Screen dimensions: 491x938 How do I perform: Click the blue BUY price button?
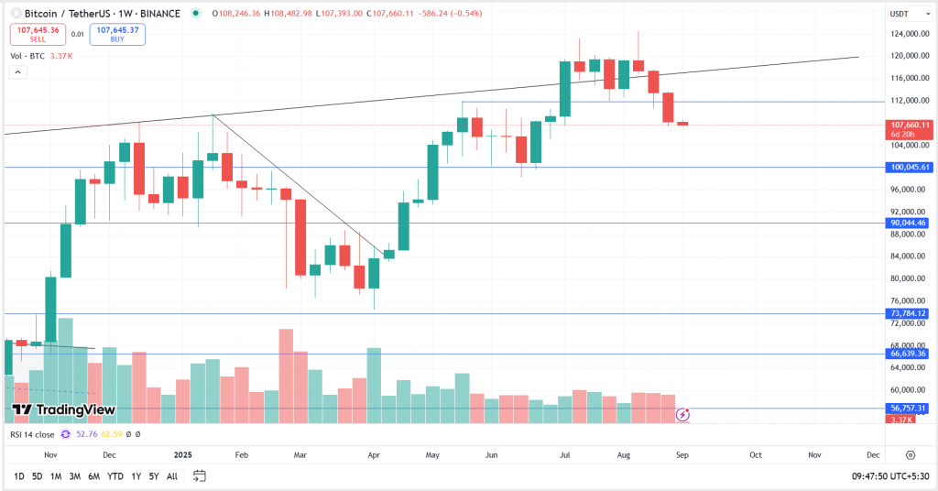pos(117,35)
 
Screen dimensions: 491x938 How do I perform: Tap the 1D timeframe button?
pos(18,476)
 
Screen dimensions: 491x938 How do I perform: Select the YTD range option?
pos(115,476)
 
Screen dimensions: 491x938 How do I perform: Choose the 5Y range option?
pos(153,476)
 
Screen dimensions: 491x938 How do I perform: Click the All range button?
pos(172,476)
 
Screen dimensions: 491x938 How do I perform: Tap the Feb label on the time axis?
pos(242,454)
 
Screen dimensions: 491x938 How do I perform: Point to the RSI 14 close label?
pos(32,434)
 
